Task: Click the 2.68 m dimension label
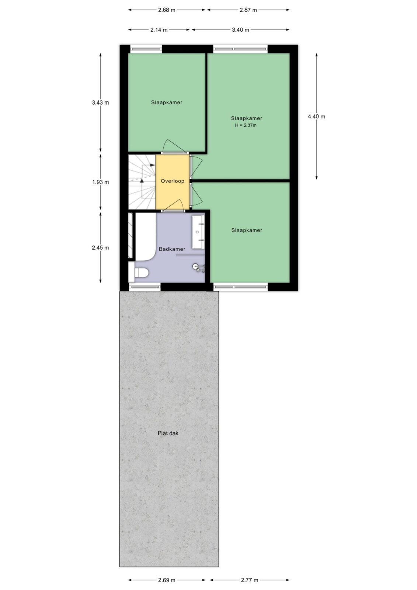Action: (167, 10)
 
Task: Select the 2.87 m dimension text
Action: (248, 10)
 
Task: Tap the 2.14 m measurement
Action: (159, 30)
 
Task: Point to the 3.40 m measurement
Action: (240, 30)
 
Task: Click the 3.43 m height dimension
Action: (100, 103)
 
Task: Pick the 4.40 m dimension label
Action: (316, 117)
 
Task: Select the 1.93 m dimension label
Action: (100, 182)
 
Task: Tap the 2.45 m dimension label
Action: (100, 247)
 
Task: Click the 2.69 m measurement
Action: (167, 580)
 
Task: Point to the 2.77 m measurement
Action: (250, 580)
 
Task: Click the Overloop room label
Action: (173, 181)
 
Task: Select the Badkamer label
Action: (172, 249)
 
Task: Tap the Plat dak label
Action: (168, 433)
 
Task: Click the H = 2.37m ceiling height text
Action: (246, 125)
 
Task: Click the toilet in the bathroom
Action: (139, 273)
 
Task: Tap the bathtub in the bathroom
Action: (145, 237)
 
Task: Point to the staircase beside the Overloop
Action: (142, 182)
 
